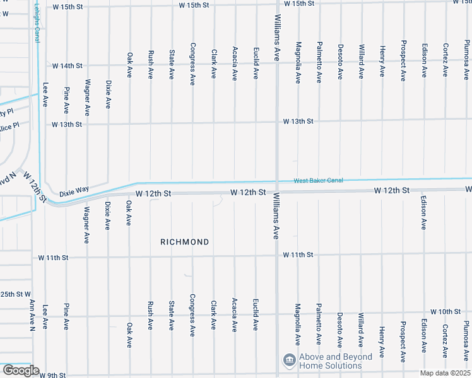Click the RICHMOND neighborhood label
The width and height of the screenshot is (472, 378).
(184, 242)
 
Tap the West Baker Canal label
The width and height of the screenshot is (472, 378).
(318, 181)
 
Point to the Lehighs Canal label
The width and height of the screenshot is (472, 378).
(37, 21)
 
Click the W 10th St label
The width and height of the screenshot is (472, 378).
(446, 312)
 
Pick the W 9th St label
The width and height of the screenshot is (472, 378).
(52, 375)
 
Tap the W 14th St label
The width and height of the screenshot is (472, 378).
(68, 66)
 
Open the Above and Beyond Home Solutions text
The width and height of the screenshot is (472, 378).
(335, 361)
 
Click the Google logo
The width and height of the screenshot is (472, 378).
(21, 370)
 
